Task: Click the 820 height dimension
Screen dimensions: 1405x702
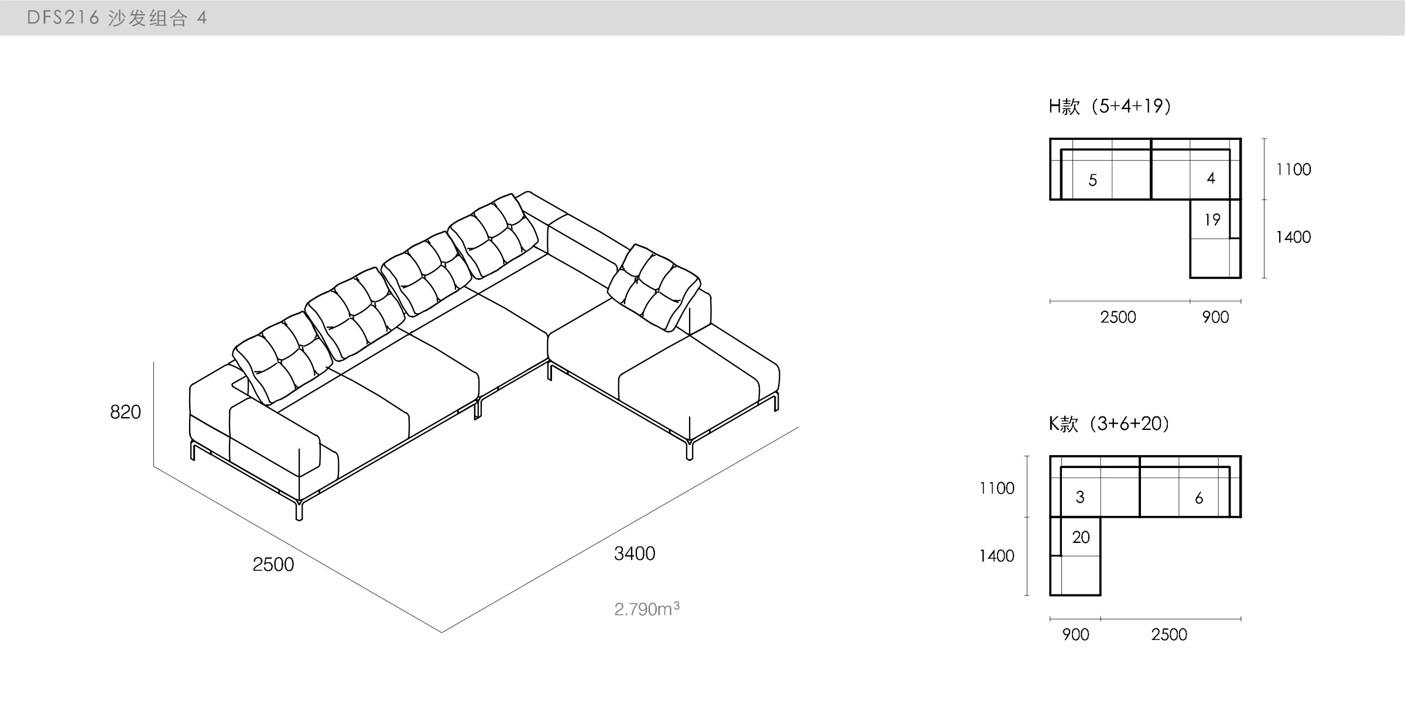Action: click(x=125, y=412)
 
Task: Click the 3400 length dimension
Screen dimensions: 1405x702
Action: click(x=635, y=553)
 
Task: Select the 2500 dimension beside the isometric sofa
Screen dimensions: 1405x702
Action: click(x=273, y=565)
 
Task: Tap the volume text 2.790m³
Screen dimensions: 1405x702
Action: click(x=647, y=610)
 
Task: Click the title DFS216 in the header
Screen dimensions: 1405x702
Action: click(x=63, y=18)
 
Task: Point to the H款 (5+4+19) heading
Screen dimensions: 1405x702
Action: click(x=1110, y=106)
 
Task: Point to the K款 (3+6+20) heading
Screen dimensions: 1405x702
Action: click(x=1109, y=424)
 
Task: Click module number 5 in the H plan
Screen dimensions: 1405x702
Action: click(x=1092, y=180)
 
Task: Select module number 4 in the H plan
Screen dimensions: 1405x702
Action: click(x=1211, y=178)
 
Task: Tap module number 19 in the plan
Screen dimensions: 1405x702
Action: click(x=1212, y=220)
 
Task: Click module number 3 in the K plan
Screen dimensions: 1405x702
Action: click(x=1080, y=497)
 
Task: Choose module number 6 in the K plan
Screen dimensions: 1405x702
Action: click(x=1199, y=498)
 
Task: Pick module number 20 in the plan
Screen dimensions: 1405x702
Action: click(x=1081, y=537)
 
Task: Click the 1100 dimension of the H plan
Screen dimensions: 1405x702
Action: click(x=1294, y=170)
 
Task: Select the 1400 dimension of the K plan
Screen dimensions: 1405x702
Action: click(x=997, y=556)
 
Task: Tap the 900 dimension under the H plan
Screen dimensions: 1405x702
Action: click(x=1215, y=318)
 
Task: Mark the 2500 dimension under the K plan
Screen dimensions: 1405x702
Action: click(x=1169, y=635)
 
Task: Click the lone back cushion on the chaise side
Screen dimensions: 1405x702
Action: click(x=654, y=287)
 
